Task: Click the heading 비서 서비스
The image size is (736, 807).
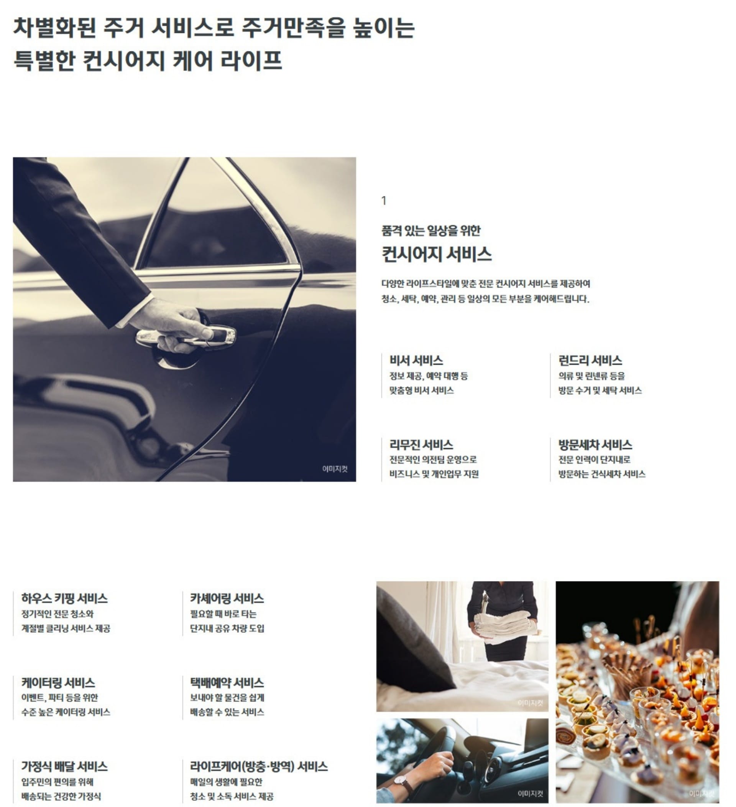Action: pos(416,361)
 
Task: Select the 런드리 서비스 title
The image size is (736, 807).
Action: pos(590,361)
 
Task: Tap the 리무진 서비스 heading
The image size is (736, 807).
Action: pos(421,445)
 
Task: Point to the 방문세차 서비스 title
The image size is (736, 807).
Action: pos(595,445)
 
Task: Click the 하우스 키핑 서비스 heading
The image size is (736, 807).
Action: pos(64,598)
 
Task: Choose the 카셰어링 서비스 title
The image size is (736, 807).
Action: pos(227,598)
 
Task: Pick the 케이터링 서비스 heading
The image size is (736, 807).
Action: pos(58,682)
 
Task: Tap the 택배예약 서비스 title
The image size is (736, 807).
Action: pos(227,682)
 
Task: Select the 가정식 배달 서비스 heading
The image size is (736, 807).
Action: pos(64,767)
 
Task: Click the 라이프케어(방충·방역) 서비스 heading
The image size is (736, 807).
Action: pos(259,767)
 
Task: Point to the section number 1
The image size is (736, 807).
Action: pos(384,201)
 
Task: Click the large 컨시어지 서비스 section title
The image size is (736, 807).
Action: pos(436,254)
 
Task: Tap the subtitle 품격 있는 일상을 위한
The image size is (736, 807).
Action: pos(431,231)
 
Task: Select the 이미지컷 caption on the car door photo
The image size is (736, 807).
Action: pos(335,469)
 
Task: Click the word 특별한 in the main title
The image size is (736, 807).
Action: pos(44,61)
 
